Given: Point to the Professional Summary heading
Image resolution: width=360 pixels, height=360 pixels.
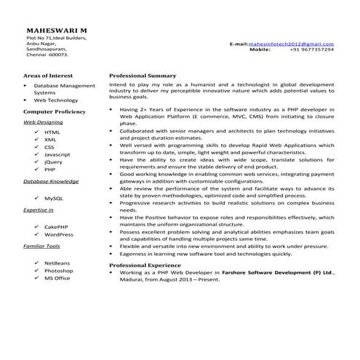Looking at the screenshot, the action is click(x=143, y=76).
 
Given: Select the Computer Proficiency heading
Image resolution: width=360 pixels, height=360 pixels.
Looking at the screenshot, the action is click(x=55, y=112).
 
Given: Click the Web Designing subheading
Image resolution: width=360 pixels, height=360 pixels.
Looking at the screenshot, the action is click(x=43, y=123).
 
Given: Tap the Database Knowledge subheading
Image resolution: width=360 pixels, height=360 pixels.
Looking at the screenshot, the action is click(x=51, y=180).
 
